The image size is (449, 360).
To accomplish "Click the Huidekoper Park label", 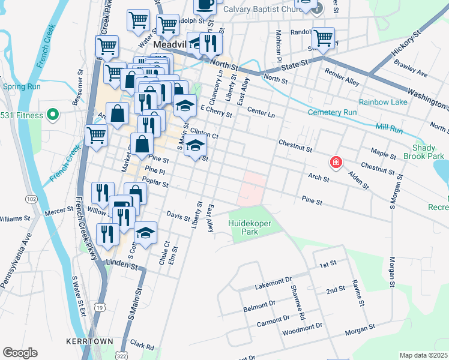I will coord(249,228).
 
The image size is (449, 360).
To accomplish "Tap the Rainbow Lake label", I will coord(383,101).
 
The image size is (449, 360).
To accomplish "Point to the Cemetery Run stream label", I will coord(332,112).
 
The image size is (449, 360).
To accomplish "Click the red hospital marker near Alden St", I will coord(336,162).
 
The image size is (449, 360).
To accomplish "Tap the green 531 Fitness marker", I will coord(52,115).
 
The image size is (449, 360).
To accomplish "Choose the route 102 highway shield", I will coord(31,199).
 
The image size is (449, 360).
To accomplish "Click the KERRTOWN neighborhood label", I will coord(90,341).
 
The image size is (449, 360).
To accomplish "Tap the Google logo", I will coord(20,353).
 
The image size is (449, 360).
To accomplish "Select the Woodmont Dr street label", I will coord(303,326).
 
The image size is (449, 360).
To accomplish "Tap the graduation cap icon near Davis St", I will coord(145,232).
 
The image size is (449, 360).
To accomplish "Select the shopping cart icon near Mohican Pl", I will coord(323,38).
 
